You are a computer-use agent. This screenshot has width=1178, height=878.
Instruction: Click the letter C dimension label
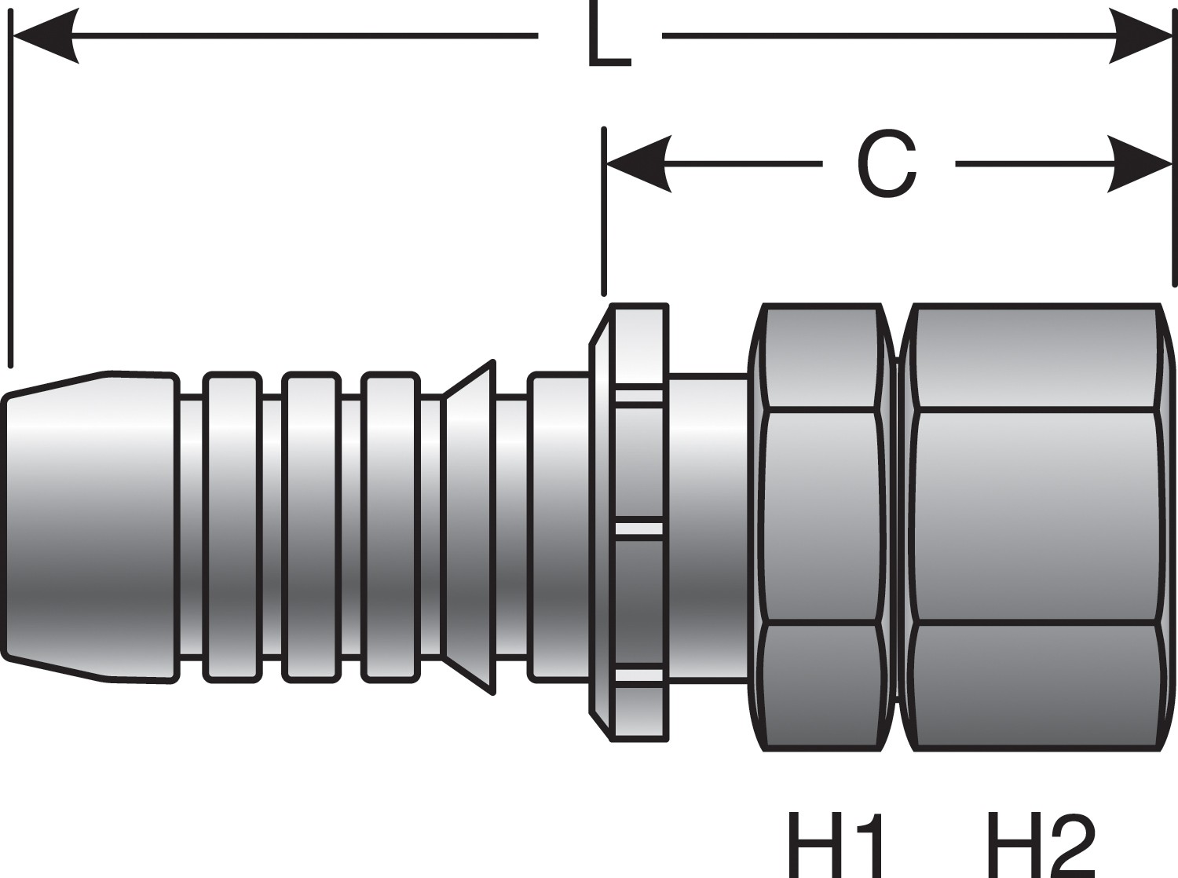point(887,164)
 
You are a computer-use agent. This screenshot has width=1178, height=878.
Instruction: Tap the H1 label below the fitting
point(836,844)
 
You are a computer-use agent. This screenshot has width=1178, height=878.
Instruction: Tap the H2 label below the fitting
point(1040,844)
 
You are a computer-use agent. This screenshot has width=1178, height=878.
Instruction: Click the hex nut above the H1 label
point(821,526)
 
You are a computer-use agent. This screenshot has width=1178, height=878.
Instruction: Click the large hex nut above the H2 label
point(1037,526)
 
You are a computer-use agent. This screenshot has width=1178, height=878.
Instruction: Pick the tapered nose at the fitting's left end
point(90,526)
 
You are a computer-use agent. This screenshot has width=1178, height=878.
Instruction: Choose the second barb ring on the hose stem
point(312,526)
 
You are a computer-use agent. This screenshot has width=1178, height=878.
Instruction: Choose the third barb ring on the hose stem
point(390,526)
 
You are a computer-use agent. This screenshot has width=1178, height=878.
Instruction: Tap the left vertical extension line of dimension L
point(11,196)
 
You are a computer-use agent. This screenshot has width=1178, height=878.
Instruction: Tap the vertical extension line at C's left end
point(604,212)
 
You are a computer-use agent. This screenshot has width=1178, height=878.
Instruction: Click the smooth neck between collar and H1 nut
point(707,526)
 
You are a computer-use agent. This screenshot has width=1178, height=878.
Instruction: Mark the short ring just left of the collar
point(560,526)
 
